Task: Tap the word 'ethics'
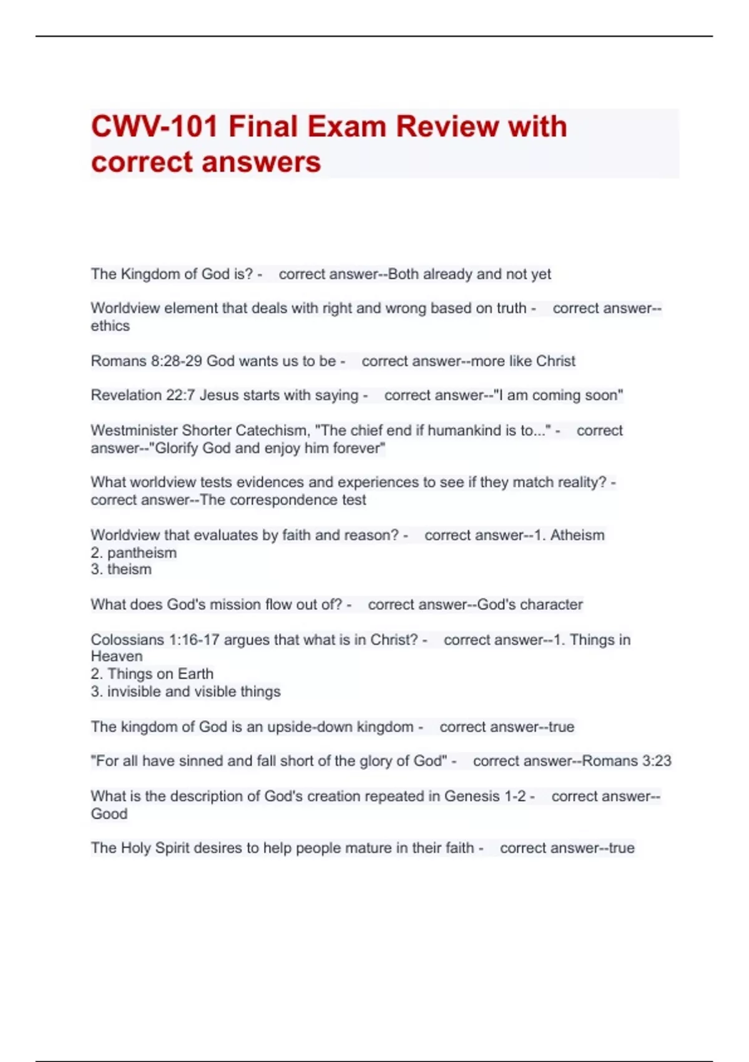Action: (x=110, y=326)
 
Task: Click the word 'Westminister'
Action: (x=134, y=430)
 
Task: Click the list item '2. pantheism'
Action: (x=134, y=553)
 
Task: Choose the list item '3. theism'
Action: (x=121, y=570)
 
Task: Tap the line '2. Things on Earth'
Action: (x=152, y=674)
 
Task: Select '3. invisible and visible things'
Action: (x=185, y=692)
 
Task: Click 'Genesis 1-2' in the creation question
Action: (x=485, y=797)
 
